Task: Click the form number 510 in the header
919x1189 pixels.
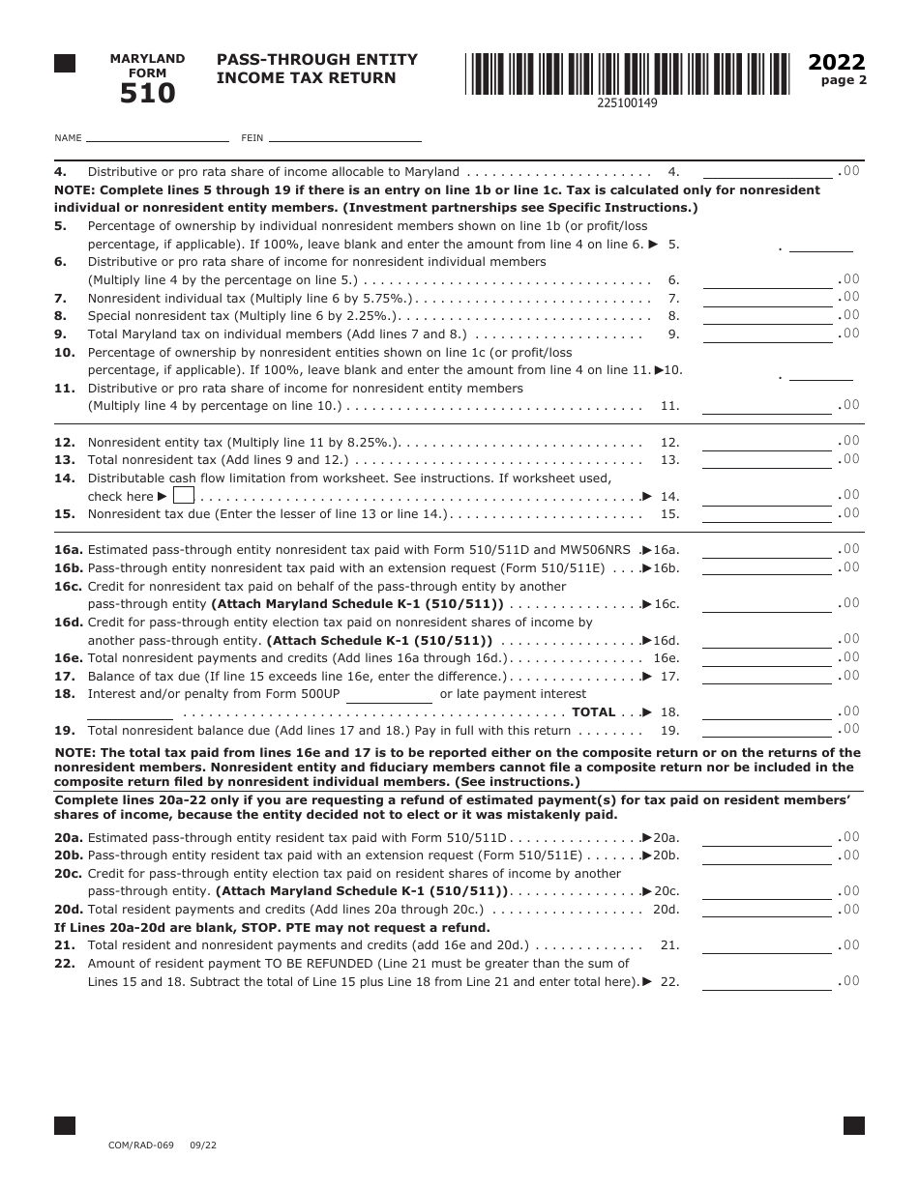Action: coord(148,94)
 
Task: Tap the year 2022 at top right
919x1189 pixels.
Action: coord(837,63)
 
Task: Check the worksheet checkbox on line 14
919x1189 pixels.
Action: coord(184,496)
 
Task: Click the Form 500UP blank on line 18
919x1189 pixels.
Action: coord(389,695)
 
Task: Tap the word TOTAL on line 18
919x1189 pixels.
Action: coord(593,712)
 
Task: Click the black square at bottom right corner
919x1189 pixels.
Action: coord(853,1125)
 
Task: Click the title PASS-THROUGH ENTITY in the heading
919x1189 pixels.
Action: coord(317,60)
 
